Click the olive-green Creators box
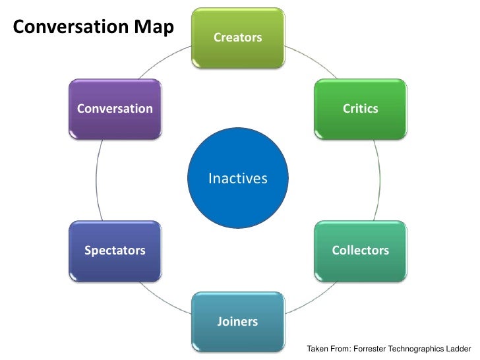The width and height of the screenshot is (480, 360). (x=237, y=38)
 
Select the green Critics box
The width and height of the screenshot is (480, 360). (x=360, y=109)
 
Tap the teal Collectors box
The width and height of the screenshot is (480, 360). (x=360, y=251)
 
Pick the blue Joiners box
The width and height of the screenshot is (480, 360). (x=237, y=322)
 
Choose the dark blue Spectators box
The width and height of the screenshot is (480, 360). (x=115, y=251)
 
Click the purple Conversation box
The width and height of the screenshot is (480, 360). (x=115, y=109)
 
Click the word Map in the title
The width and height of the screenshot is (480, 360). (x=157, y=27)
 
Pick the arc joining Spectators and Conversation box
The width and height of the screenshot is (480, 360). (x=96, y=179)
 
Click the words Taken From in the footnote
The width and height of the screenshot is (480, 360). (x=324, y=347)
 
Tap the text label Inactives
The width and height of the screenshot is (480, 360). (x=237, y=178)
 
